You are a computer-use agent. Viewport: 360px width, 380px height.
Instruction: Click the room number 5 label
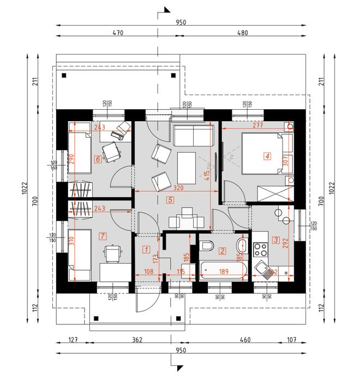click(x=170, y=200)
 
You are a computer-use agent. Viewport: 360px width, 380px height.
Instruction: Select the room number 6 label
click(x=98, y=159)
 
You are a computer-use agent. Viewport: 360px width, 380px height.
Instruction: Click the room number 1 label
click(x=146, y=250)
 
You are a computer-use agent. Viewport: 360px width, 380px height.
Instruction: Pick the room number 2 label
click(x=222, y=251)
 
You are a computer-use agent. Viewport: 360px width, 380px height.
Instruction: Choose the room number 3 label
click(x=276, y=240)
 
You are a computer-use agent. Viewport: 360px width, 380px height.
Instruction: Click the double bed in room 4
click(x=261, y=153)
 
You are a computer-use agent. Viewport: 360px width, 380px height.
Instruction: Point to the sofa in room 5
click(x=192, y=134)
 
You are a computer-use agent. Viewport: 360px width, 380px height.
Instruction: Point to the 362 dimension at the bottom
click(x=137, y=340)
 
